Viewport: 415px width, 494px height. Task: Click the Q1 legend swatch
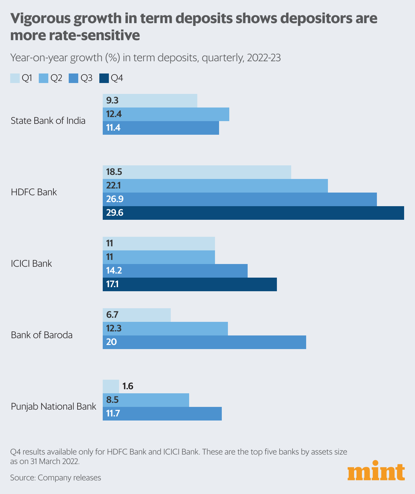15,78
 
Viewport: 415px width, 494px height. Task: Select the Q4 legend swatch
104,78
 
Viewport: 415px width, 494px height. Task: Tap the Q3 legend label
86,78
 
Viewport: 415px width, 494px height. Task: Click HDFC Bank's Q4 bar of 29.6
253,213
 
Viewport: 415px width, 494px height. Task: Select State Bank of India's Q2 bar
166,114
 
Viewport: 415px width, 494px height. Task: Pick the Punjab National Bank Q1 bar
111,386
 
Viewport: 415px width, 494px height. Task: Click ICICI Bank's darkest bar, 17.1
189,284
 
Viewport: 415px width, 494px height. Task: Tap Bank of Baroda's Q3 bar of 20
204,342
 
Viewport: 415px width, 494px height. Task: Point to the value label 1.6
128,386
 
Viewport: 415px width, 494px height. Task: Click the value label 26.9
115,199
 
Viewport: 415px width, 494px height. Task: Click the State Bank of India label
48,121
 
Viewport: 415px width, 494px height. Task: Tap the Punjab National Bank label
53,407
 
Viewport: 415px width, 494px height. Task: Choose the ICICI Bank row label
31,264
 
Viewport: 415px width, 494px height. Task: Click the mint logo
376,471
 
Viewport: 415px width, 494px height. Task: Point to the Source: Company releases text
55,478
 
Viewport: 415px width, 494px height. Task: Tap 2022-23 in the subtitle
264,58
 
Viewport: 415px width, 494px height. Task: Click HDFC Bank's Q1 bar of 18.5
197,172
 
